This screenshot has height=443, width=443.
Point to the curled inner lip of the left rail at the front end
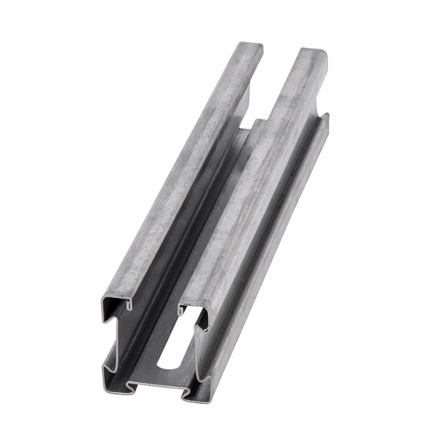point(129,304)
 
